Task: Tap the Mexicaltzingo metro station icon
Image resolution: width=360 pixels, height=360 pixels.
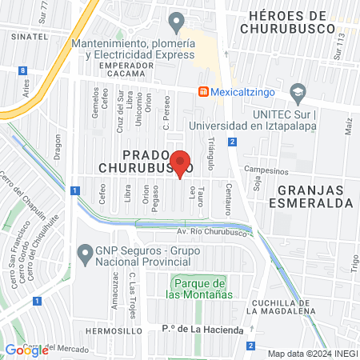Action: pyautogui.click(x=205, y=91)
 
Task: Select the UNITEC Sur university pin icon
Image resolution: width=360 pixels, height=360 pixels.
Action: pyautogui.click(x=298, y=92)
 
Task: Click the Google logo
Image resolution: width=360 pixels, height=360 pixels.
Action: pyautogui.click(x=26, y=350)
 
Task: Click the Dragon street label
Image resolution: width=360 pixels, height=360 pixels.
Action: pyautogui.click(x=58, y=146)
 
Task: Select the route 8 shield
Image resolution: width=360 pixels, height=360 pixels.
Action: pyautogui.click(x=22, y=70)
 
